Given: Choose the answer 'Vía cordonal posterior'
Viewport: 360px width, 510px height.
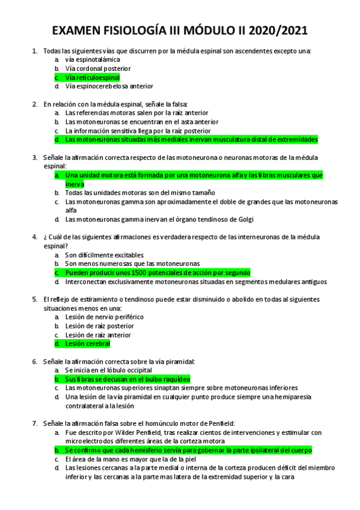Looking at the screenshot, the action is point(98,69).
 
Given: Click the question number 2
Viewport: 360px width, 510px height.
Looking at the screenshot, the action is point(35,104).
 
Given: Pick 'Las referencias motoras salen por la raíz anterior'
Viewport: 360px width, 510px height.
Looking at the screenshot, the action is point(136,112).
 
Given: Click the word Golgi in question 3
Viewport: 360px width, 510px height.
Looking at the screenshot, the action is point(243,219).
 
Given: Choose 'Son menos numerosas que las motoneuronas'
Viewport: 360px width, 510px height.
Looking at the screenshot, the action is point(132,263).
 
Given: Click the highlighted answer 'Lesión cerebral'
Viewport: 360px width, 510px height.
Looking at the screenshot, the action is point(88,343).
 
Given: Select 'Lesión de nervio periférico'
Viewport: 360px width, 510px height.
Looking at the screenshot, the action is point(105,317).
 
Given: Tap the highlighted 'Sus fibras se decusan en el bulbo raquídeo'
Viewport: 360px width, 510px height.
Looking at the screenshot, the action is point(127,379).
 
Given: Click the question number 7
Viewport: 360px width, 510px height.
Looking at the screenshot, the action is point(35,423).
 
